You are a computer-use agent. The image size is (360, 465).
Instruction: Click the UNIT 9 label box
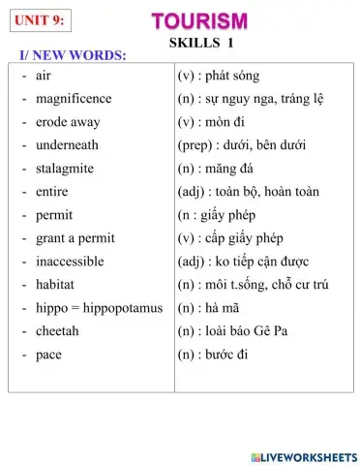(x=40, y=17)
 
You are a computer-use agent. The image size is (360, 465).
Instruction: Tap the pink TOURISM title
(x=200, y=20)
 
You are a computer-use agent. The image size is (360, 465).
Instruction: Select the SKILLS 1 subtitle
(x=201, y=43)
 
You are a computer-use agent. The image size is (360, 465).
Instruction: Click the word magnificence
(x=73, y=99)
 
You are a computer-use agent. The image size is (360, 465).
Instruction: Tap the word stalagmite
(x=65, y=169)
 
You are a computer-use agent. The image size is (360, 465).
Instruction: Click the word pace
(x=47, y=355)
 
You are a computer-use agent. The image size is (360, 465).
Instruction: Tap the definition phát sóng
(x=232, y=76)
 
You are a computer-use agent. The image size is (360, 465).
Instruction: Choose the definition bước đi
(x=232, y=355)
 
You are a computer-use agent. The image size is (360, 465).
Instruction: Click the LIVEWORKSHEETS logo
(x=303, y=455)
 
